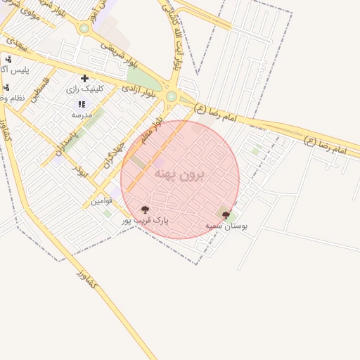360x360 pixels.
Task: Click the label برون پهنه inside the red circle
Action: [x=179, y=174]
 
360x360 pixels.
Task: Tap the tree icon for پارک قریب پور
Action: [x=146, y=210]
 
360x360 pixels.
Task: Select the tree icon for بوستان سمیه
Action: [x=226, y=215]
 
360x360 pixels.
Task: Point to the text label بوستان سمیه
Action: [x=226, y=226]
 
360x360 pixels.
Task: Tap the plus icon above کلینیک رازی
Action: [x=85, y=78]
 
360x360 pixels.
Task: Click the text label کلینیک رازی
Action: [x=85, y=89]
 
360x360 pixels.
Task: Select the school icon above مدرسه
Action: [x=82, y=104]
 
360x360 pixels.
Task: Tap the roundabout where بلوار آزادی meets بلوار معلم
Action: [x=171, y=96]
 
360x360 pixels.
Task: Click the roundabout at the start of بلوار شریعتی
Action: [x=85, y=29]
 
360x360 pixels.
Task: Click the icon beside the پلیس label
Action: [x=8, y=60]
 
